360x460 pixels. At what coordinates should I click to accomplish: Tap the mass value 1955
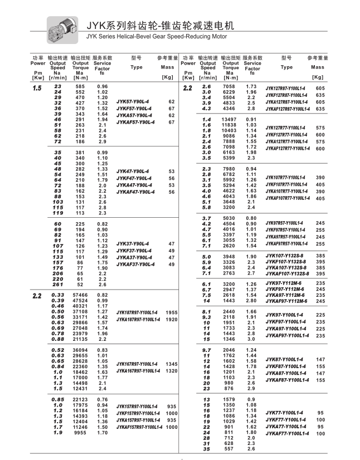(172, 312)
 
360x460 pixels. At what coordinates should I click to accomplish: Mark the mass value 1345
(172, 364)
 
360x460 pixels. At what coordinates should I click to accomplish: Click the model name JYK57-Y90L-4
(133, 102)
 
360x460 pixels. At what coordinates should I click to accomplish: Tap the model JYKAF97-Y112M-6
(287, 301)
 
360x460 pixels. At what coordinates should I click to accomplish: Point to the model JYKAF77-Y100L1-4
(286, 433)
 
